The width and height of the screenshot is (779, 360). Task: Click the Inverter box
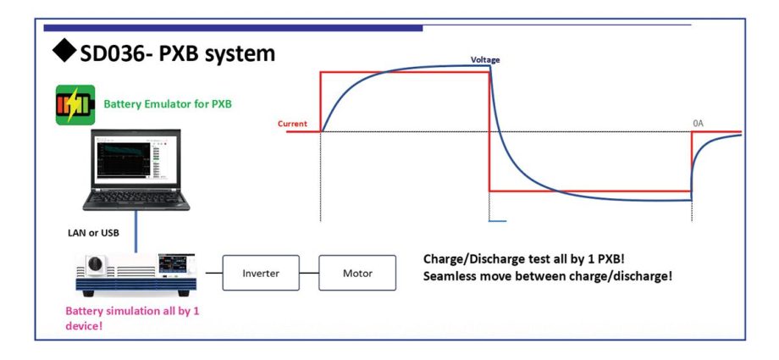click(x=261, y=273)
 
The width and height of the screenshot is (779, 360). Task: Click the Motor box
click(x=356, y=273)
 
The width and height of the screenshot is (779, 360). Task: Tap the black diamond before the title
click(x=64, y=53)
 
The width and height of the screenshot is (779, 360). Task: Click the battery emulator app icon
click(x=75, y=105)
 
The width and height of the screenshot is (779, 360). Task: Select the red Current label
click(x=292, y=124)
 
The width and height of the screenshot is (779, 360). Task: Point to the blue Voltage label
click(x=485, y=60)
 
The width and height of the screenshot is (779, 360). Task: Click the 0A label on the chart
click(x=698, y=124)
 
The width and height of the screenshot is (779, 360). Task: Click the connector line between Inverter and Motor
click(x=309, y=273)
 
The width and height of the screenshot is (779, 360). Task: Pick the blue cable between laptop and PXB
click(x=134, y=233)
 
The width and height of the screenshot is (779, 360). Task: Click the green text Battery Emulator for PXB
click(x=168, y=105)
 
